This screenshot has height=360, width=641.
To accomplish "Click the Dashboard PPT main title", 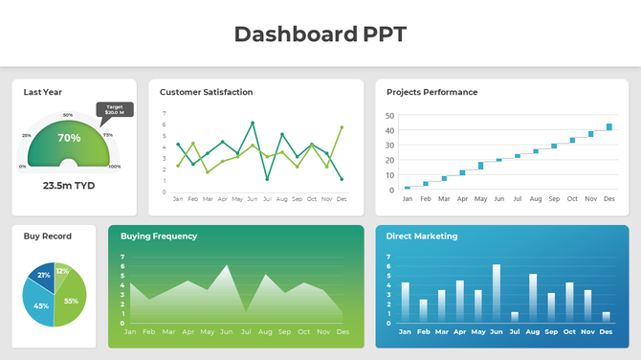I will point(320,34).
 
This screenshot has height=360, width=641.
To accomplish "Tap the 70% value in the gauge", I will point(69,138).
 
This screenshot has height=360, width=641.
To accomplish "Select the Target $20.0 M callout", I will point(114,109).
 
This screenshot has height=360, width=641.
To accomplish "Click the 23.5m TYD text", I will point(67,186).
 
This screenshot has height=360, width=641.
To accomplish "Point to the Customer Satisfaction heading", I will point(206,93).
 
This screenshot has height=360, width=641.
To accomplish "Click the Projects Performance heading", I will point(431,93).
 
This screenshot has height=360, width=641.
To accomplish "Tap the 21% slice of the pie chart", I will point(44,276).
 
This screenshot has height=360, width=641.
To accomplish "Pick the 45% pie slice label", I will point(41,305).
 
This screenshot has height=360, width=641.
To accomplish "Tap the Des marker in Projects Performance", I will point(609,126).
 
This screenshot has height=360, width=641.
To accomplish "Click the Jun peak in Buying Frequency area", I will point(227,267).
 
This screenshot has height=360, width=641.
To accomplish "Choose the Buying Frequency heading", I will point(159,236).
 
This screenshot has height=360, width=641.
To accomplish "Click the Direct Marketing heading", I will point(421,236).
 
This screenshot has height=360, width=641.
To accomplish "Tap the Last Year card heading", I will point(43,93).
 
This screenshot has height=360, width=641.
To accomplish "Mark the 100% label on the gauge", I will point(114,167).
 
